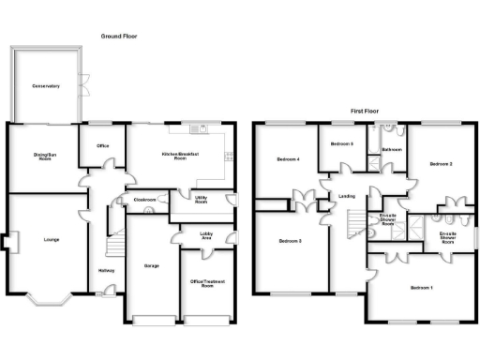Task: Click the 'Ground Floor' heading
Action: [120, 36]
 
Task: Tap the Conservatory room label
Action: [45, 86]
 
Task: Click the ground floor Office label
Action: [101, 145]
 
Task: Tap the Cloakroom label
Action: [144, 200]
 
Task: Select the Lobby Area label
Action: [212, 236]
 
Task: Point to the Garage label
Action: [151, 266]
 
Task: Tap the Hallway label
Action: [106, 272]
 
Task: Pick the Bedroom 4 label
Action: [288, 159]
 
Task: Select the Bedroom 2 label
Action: [442, 164]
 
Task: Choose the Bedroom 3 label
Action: [289, 242]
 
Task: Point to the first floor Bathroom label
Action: [392, 149]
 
